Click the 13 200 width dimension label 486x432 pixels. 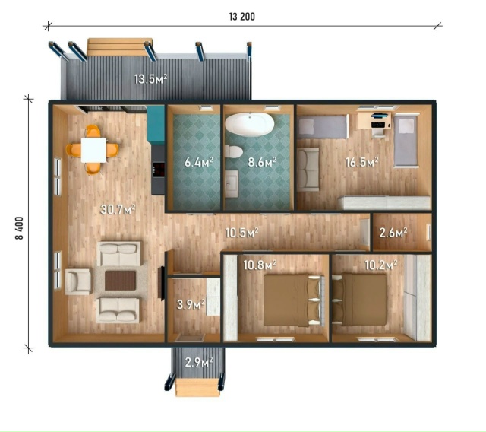click(x=241, y=17)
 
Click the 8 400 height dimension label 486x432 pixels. click(x=19, y=228)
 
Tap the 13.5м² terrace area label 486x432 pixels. click(x=151, y=79)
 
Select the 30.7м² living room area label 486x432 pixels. click(x=118, y=209)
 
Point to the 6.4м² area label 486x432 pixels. click(x=199, y=162)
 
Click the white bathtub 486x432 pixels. click(x=250, y=124)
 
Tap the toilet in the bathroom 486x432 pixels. click(x=233, y=152)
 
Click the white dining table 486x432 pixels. click(x=94, y=150)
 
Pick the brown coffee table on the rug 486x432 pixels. click(x=120, y=280)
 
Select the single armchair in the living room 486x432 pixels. click(x=77, y=281)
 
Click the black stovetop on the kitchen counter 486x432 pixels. click(x=158, y=170)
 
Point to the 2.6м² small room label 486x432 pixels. click(x=393, y=232)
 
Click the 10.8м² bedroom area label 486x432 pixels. click(x=260, y=265)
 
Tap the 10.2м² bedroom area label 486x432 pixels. click(x=381, y=265)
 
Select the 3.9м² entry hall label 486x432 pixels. click(x=191, y=304)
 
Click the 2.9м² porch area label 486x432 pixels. click(x=199, y=362)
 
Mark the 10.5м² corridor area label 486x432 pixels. click(x=241, y=232)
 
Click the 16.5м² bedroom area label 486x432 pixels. click(x=362, y=162)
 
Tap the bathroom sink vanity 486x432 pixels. click(x=231, y=184)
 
